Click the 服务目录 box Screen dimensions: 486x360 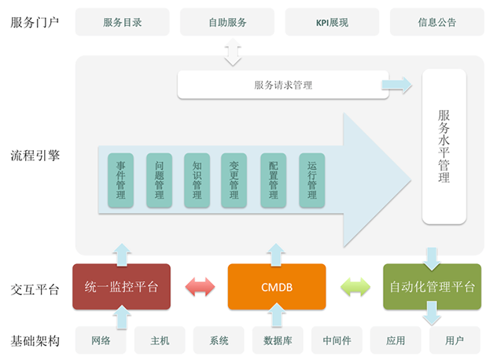click(x=123, y=22)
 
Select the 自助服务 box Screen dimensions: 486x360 click(x=227, y=22)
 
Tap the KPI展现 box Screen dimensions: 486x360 click(x=332, y=22)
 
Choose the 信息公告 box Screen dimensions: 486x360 click(x=436, y=22)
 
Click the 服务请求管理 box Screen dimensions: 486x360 click(x=283, y=85)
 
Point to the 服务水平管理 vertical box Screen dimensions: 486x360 click(x=444, y=146)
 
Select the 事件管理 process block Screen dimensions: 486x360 click(x=120, y=180)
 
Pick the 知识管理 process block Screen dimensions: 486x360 click(x=197, y=180)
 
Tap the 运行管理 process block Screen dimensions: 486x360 click(x=311, y=180)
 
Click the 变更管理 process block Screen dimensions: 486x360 click(x=234, y=180)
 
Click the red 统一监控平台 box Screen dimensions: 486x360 click(x=121, y=287)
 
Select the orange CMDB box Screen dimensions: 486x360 click(x=277, y=287)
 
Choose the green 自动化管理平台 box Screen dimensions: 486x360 click(x=432, y=287)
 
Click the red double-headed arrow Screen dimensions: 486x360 click(x=200, y=287)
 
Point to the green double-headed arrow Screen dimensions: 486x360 click(x=355, y=287)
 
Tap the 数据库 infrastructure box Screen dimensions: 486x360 click(x=278, y=340)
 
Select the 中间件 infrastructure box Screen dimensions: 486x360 click(x=337, y=340)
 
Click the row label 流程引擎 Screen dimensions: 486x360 click(x=35, y=155)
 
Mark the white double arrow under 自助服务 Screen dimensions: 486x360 click(x=233, y=52)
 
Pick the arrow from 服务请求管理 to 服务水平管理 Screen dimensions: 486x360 click(x=396, y=85)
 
